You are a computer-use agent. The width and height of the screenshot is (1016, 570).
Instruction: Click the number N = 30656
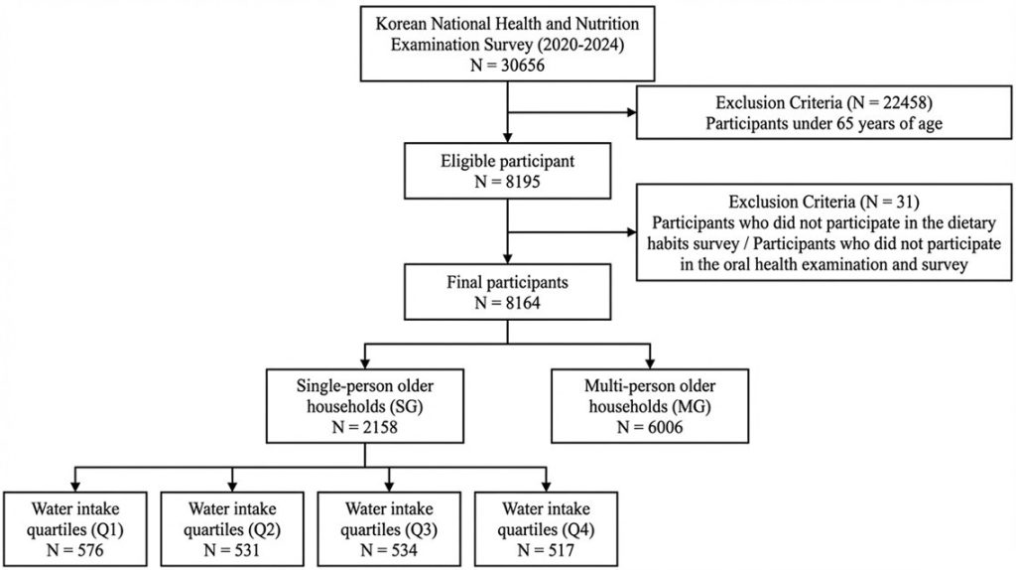pyautogui.click(x=507, y=66)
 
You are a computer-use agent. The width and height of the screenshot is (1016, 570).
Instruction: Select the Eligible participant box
pyautogui.click(x=507, y=171)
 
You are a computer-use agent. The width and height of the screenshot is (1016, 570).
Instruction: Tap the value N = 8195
pyautogui.click(x=507, y=182)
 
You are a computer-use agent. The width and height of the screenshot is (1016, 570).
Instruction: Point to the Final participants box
pyautogui.click(x=507, y=292)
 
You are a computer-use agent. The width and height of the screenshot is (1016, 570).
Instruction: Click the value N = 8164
pyautogui.click(x=507, y=303)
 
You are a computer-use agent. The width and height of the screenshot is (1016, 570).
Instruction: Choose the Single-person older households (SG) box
pyautogui.click(x=365, y=406)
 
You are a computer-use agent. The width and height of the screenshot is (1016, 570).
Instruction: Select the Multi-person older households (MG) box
pyautogui.click(x=650, y=406)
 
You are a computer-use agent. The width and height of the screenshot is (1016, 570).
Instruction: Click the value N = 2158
pyautogui.click(x=365, y=427)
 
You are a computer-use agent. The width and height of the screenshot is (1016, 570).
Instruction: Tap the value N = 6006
pyautogui.click(x=650, y=427)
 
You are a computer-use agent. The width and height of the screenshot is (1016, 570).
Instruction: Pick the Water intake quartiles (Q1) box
pyautogui.click(x=75, y=529)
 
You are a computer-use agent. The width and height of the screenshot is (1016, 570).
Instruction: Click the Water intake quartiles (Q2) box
pyautogui.click(x=232, y=529)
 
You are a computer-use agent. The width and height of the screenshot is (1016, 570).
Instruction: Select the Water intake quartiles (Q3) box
pyautogui.click(x=389, y=529)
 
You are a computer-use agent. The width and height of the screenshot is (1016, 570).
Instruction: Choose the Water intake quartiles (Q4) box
pyautogui.click(x=547, y=529)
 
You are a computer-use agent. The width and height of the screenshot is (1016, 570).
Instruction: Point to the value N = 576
pyautogui.click(x=75, y=550)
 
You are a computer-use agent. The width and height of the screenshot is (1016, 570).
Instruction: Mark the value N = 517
pyautogui.click(x=547, y=550)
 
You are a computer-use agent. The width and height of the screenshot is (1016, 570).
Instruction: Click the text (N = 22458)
pyautogui.click(x=888, y=102)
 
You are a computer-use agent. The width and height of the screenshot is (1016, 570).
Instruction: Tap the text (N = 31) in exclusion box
pyautogui.click(x=889, y=202)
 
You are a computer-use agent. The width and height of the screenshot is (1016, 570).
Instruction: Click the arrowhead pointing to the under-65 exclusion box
pyautogui.click(x=631, y=112)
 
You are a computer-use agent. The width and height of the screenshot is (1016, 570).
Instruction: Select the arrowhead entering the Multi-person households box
pyautogui.click(x=650, y=363)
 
